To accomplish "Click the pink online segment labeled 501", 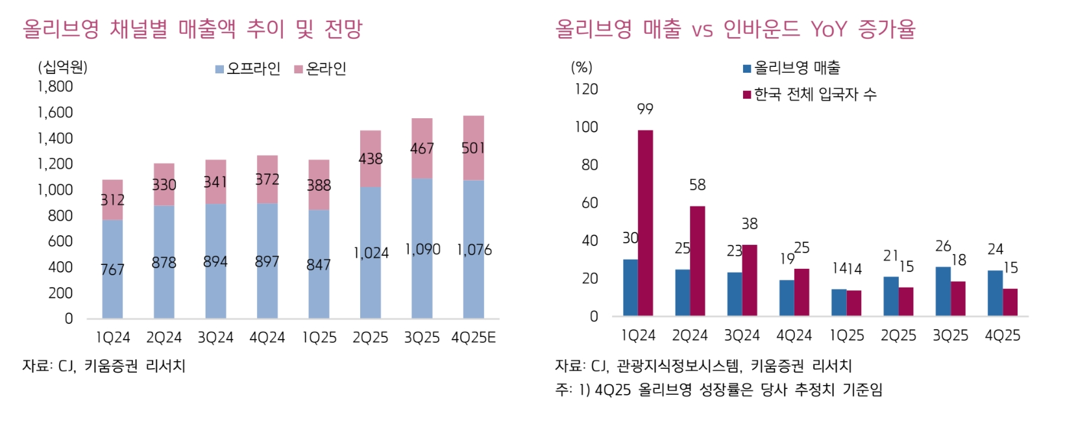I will click(x=473, y=148).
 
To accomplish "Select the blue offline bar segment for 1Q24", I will click(x=112, y=269).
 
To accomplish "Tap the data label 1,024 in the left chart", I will click(x=371, y=253).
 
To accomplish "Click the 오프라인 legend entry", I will click(x=248, y=69).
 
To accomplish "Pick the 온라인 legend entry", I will click(x=321, y=69).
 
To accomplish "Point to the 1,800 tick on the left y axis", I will click(x=55, y=86).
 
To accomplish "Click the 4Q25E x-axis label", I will click(x=473, y=338).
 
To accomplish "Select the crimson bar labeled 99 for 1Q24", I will click(x=645, y=223).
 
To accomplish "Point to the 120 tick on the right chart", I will click(x=586, y=89).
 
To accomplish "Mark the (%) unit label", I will click(x=581, y=68).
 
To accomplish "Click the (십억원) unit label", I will click(x=62, y=67).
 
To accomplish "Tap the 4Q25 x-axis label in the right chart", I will click(x=1002, y=336).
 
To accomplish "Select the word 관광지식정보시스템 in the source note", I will click(x=678, y=366).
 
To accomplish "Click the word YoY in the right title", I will click(x=829, y=29).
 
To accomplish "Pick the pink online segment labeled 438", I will click(x=371, y=158).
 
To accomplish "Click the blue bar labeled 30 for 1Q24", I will click(x=630, y=288).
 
